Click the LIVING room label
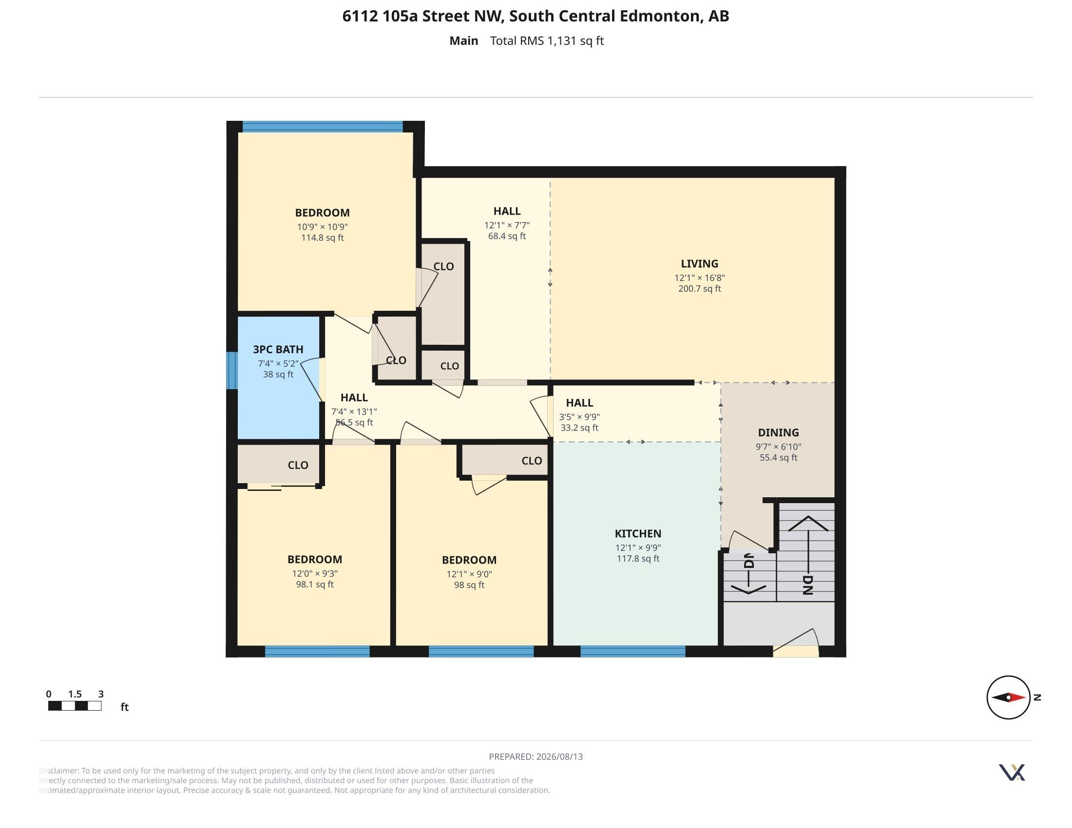(x=699, y=264)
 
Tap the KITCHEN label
(x=638, y=534)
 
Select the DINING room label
(x=778, y=433)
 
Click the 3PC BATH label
(x=278, y=349)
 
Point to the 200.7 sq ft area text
(x=699, y=288)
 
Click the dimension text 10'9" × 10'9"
(x=322, y=226)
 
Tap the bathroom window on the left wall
(x=232, y=370)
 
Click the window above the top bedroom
(x=323, y=127)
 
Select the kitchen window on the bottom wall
(x=632, y=651)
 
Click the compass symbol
(x=1008, y=697)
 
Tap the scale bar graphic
(x=75, y=706)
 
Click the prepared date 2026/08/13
(x=559, y=756)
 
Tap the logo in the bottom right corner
(x=1012, y=772)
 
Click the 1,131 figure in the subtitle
(x=561, y=41)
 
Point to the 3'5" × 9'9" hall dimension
(x=579, y=417)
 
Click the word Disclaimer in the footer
(x=58, y=771)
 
